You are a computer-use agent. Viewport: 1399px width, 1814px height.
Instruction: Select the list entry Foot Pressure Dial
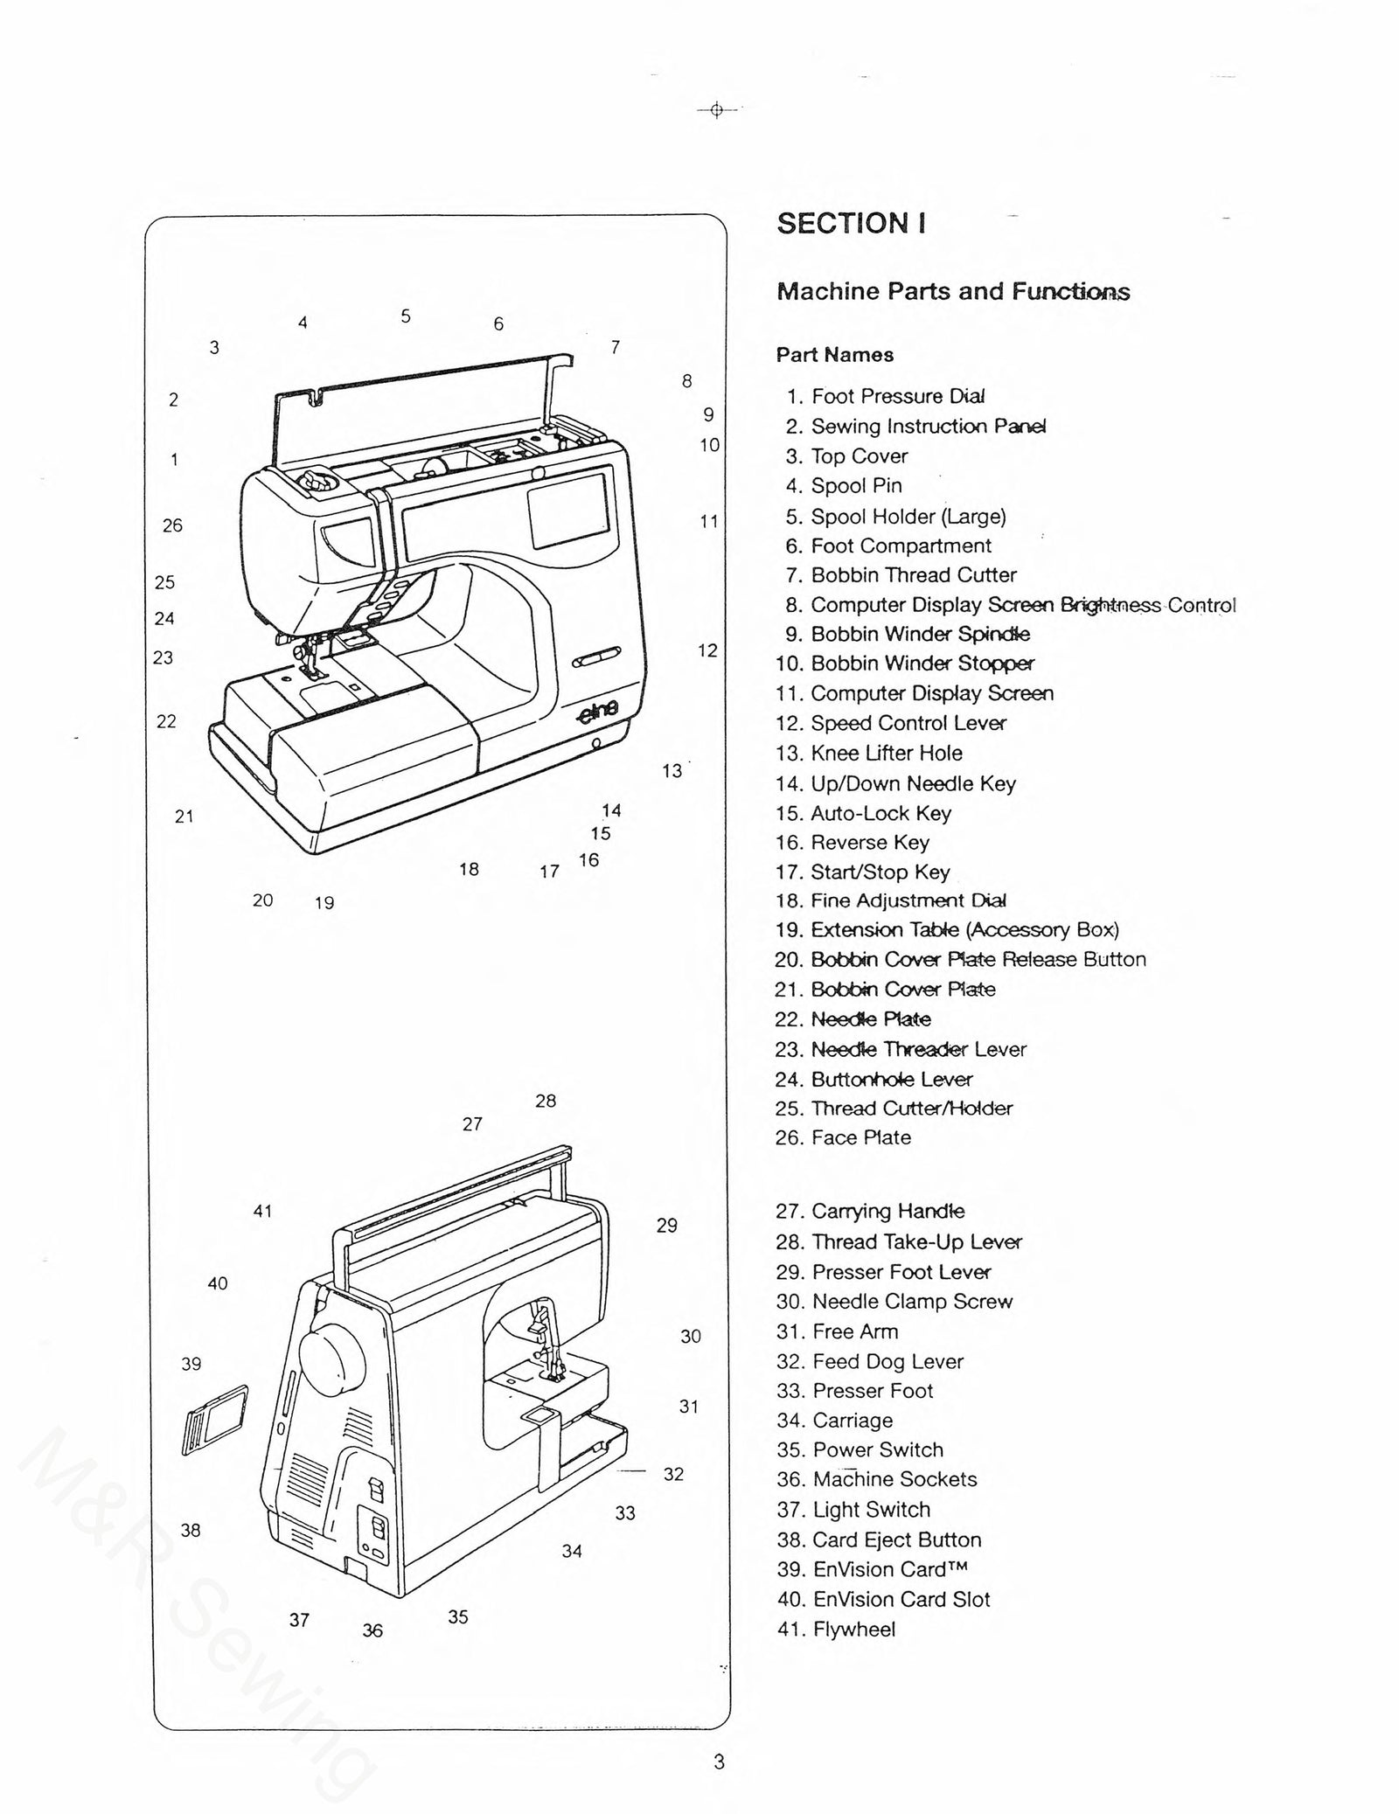coord(886,397)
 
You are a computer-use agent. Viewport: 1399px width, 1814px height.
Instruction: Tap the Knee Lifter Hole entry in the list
coord(869,754)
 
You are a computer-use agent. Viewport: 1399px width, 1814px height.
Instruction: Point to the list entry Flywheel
coord(836,1630)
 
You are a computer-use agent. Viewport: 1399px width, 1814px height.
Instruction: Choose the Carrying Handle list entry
coord(871,1212)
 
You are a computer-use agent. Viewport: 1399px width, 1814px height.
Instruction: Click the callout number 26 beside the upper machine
coord(172,525)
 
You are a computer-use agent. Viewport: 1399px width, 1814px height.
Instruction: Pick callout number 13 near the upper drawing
coord(672,771)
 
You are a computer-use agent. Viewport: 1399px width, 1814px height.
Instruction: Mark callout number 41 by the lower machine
coord(262,1212)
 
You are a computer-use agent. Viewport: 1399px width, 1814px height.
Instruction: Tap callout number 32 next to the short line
coord(672,1474)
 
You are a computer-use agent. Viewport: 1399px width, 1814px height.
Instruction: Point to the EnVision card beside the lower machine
coord(214,1421)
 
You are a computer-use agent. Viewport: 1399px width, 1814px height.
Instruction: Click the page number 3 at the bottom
coord(719,1762)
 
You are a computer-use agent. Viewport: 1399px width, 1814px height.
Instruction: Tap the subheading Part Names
coord(834,355)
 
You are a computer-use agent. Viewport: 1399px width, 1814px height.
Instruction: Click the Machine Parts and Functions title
coord(952,292)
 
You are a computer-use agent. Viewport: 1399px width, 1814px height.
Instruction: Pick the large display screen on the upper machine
coord(569,510)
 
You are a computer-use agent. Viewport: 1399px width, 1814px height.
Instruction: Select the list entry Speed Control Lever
coord(891,724)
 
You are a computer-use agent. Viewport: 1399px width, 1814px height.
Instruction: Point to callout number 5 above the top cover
coord(406,316)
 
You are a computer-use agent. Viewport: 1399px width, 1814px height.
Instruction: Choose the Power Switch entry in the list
coord(860,1450)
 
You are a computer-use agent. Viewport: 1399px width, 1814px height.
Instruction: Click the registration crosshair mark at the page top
coord(716,110)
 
